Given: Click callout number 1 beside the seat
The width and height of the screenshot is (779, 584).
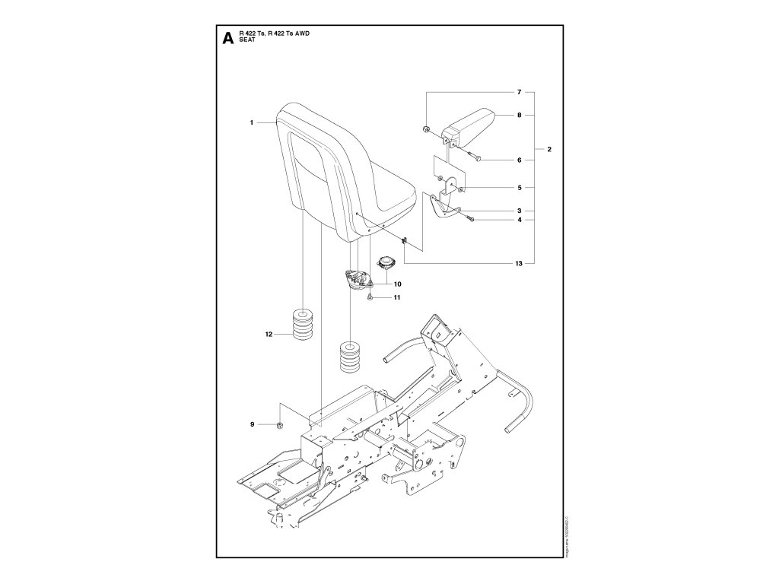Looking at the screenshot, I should click(252, 121).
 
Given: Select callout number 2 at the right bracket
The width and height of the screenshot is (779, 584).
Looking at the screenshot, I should click(548, 150).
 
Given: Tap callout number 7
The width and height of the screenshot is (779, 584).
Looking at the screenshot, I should click(519, 92).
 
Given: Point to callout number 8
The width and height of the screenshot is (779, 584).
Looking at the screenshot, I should click(519, 116).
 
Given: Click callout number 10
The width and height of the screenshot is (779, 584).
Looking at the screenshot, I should click(397, 284).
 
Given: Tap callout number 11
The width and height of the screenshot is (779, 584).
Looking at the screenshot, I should click(397, 297).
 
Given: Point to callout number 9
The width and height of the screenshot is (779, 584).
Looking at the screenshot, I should click(253, 424).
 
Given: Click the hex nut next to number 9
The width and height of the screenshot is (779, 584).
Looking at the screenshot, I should click(280, 424).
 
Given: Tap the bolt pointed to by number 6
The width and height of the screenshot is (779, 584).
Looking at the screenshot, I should click(472, 157).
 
